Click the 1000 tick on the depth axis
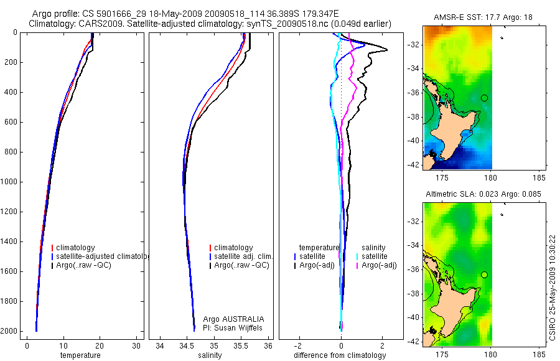(x=11, y=182)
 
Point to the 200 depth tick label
(x=11, y=62)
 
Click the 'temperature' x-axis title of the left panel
(x=80, y=355)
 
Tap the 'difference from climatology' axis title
(x=340, y=355)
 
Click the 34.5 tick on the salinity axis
(x=187, y=346)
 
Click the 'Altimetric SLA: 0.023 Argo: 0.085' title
(x=483, y=194)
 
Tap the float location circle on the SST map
(x=484, y=98)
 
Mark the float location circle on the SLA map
(x=484, y=274)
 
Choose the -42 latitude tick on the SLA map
(x=413, y=342)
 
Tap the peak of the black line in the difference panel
(x=387, y=50)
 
